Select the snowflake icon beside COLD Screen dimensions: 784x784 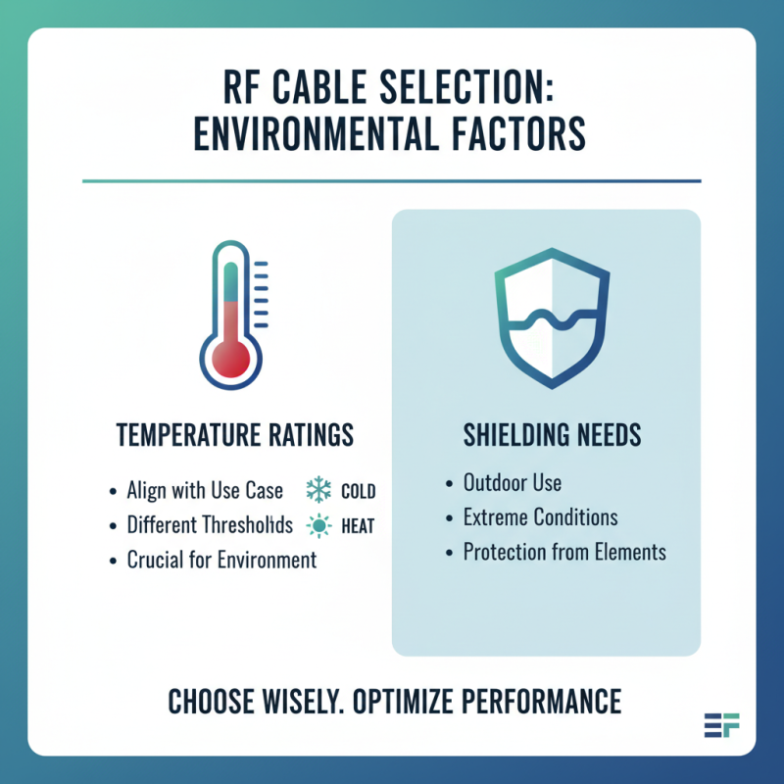(x=319, y=490)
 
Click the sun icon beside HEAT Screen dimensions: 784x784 (x=319, y=526)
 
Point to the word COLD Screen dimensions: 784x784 (x=358, y=491)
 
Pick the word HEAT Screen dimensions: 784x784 (x=358, y=526)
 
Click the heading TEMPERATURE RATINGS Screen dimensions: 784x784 (x=235, y=435)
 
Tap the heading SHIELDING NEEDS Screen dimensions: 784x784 (x=546, y=435)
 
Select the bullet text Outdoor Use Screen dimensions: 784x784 (x=512, y=483)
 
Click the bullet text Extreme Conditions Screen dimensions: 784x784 (x=540, y=517)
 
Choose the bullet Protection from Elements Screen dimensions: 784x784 (x=563, y=552)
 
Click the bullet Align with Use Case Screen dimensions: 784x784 (x=205, y=490)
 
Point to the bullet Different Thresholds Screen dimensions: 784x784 (x=210, y=525)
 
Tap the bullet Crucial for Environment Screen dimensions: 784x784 (x=221, y=561)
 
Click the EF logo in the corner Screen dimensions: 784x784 (x=722, y=725)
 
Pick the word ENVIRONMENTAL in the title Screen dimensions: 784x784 (x=309, y=133)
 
